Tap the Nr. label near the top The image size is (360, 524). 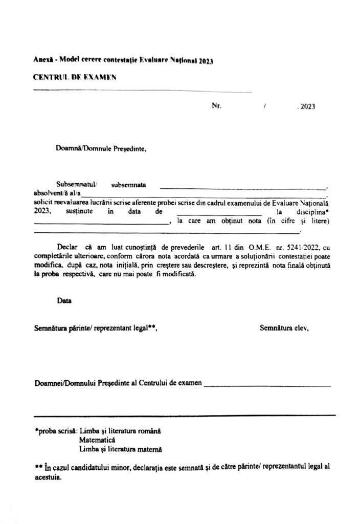(216, 106)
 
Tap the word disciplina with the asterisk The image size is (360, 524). (309, 211)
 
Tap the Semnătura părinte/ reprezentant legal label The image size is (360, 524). (95, 328)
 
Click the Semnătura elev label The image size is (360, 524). (284, 328)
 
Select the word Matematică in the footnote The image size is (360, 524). (98, 440)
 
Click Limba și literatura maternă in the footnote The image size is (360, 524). (120, 449)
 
